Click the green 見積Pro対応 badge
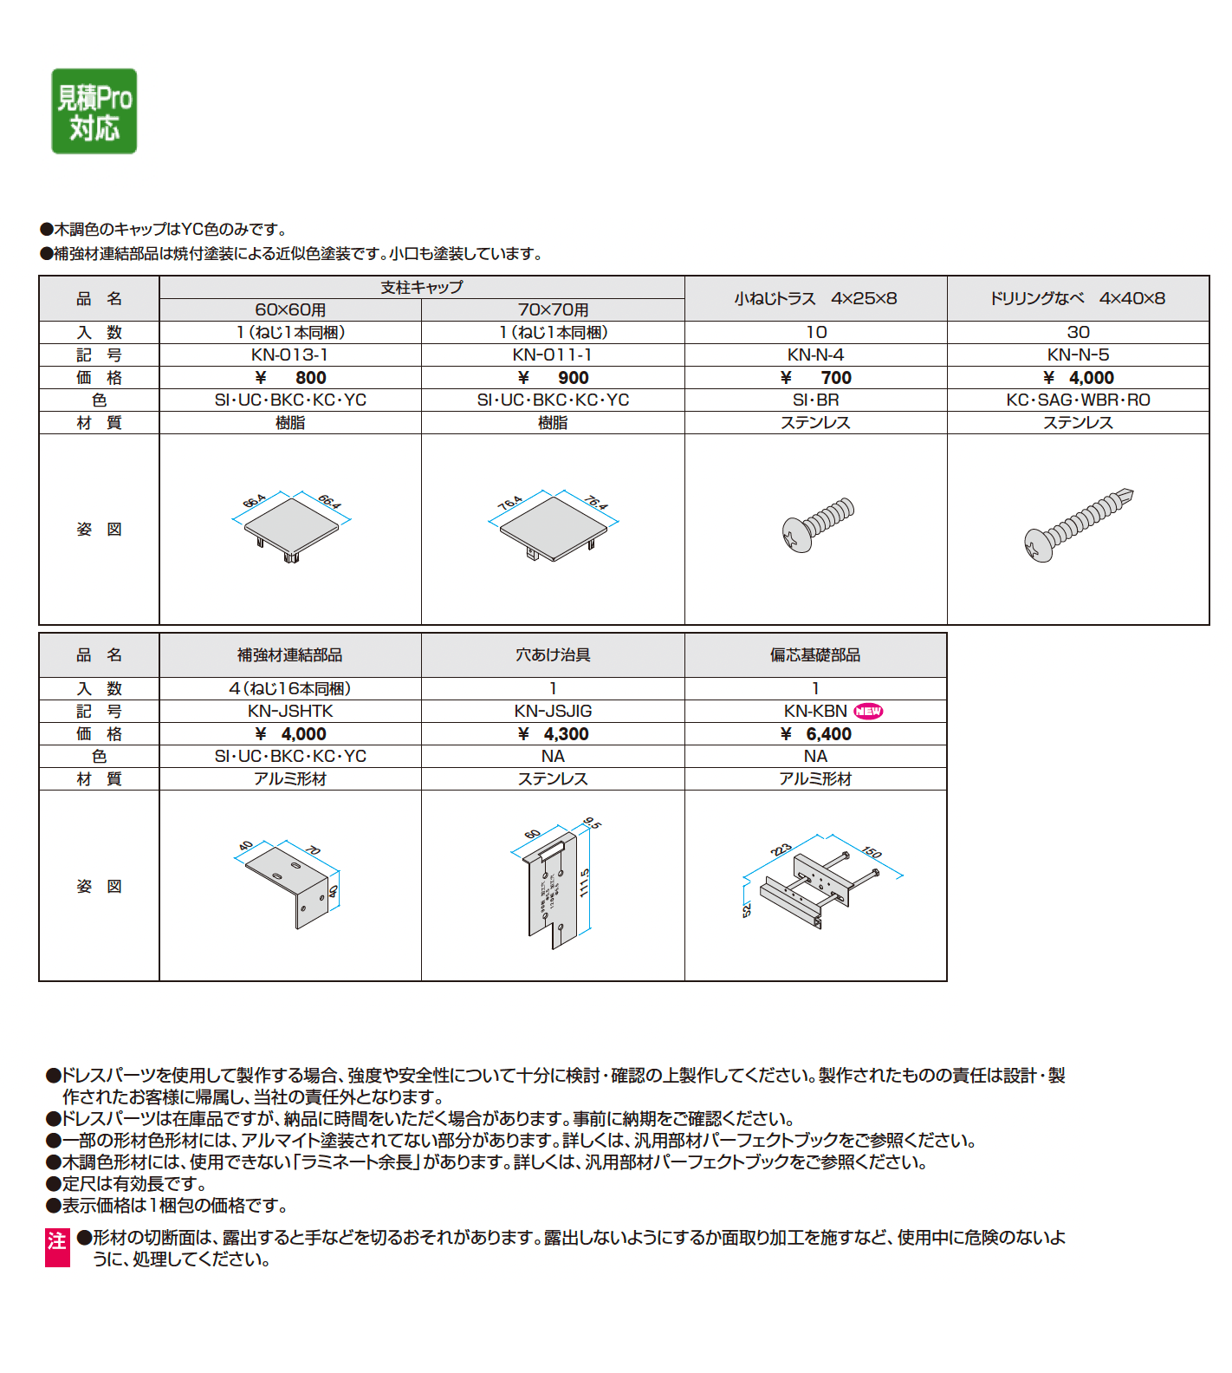[x=94, y=111]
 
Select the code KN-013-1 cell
[x=289, y=355]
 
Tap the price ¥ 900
[x=553, y=377]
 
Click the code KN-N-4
[x=815, y=355]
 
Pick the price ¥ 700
[x=815, y=377]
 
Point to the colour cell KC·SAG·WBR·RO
[x=1078, y=400]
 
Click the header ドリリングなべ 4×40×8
[x=1078, y=298]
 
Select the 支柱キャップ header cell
[x=422, y=287]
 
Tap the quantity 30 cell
[x=1078, y=332]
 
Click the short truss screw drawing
[x=817, y=524]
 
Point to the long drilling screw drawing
[x=1078, y=525]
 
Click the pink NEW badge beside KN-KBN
[x=868, y=711]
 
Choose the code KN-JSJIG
[x=553, y=711]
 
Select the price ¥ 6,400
[x=815, y=733]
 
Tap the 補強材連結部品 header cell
[x=289, y=655]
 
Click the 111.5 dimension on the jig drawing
[x=585, y=882]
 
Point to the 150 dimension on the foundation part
[x=872, y=852]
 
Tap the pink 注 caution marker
[x=57, y=1247]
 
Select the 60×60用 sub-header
[x=289, y=309]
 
